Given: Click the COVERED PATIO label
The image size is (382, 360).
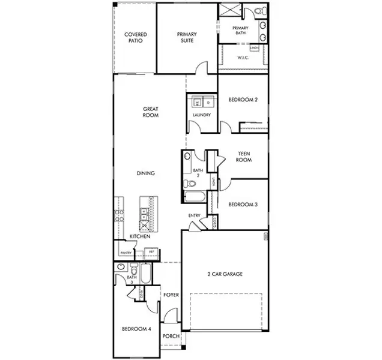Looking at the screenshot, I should point(136,38).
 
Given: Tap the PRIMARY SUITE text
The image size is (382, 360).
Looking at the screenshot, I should point(187,38).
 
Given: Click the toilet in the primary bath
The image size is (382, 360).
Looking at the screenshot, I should point(259,11).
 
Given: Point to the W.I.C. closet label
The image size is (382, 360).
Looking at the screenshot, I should point(243,58).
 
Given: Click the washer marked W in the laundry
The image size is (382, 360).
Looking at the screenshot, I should point(196,102).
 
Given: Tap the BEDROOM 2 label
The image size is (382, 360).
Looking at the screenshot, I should point(243,100).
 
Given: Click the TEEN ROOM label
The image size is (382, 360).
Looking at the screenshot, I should point(243,157).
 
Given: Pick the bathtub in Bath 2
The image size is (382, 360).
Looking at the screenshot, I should point(195,198).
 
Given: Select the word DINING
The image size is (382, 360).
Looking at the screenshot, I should point(145,173).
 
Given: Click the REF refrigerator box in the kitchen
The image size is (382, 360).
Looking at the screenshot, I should point(151,253).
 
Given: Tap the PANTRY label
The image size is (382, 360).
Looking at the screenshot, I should point(126,253).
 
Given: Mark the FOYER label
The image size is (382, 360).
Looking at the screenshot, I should point(171,295).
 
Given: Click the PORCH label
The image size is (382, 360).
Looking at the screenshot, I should point(171,336).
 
